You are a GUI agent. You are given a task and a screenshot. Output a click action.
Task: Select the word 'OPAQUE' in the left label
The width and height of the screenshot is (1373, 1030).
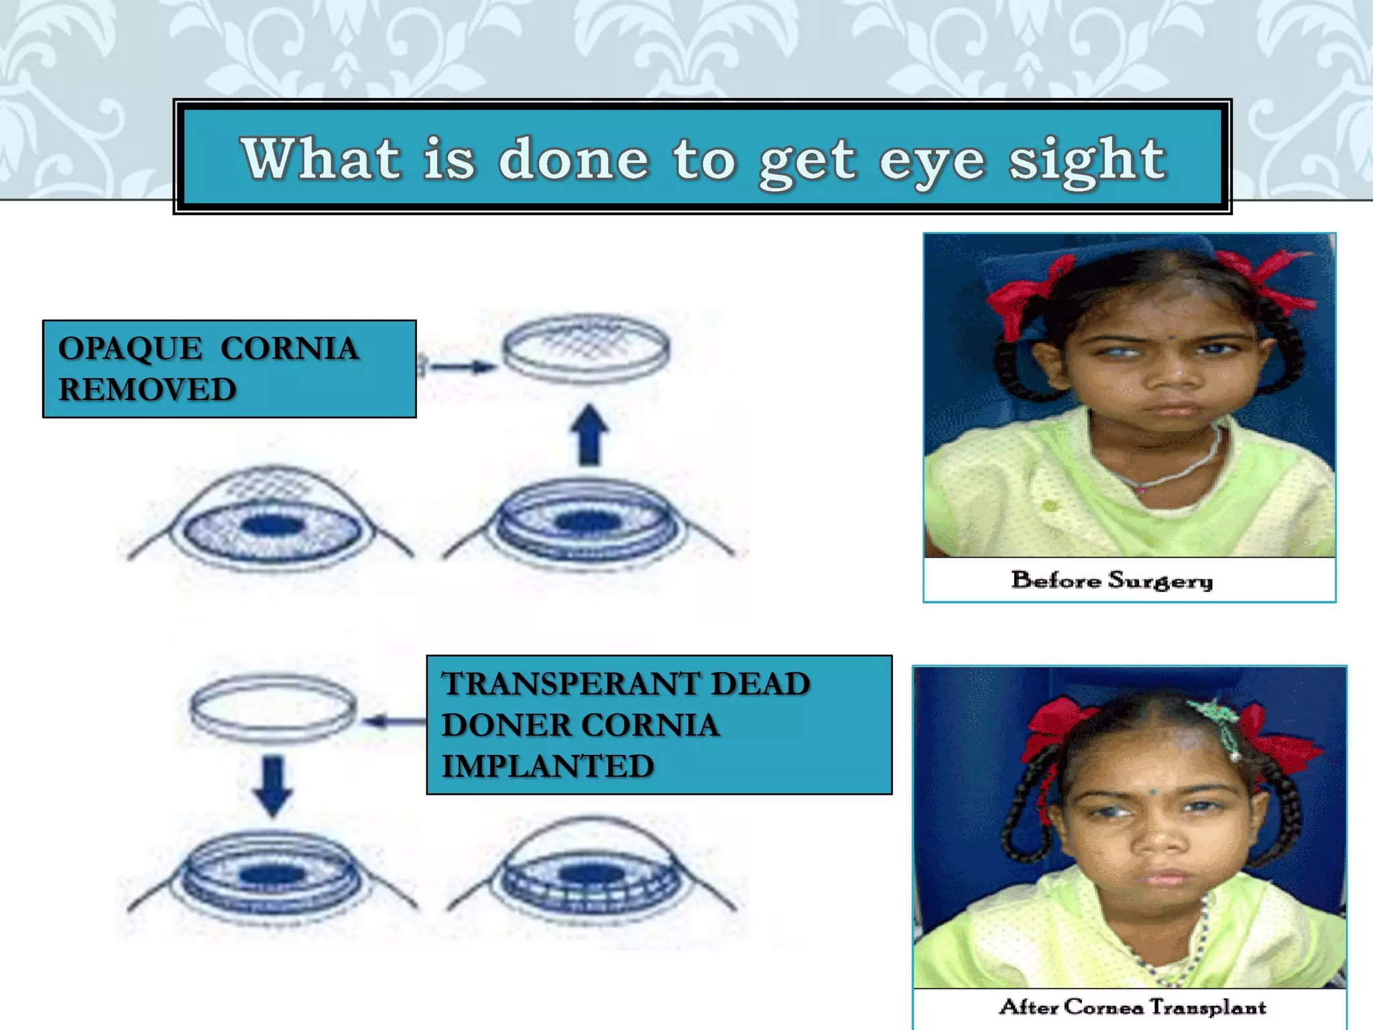coord(129,349)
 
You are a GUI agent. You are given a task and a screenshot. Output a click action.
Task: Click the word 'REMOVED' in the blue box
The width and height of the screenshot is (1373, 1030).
coord(147,390)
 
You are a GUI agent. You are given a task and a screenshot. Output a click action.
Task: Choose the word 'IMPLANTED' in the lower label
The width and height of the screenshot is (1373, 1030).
coord(548,766)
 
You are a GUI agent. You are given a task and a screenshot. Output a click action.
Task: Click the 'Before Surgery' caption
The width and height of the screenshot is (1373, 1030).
coord(1112,580)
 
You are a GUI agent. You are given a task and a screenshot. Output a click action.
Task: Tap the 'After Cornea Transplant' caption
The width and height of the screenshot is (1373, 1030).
coord(1132,1007)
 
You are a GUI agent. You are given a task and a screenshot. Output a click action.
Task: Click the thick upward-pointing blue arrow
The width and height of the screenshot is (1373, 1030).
coord(589,435)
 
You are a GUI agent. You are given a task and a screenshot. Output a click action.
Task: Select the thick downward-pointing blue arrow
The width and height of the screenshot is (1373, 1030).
coord(273,785)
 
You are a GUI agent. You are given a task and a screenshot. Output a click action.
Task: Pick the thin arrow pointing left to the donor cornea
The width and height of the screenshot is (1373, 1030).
coord(392,722)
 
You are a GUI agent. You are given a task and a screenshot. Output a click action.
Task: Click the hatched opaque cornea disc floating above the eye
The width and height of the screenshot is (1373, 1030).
coord(587,347)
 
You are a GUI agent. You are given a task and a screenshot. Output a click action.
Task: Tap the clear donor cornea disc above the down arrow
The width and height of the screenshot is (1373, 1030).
coord(274,709)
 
